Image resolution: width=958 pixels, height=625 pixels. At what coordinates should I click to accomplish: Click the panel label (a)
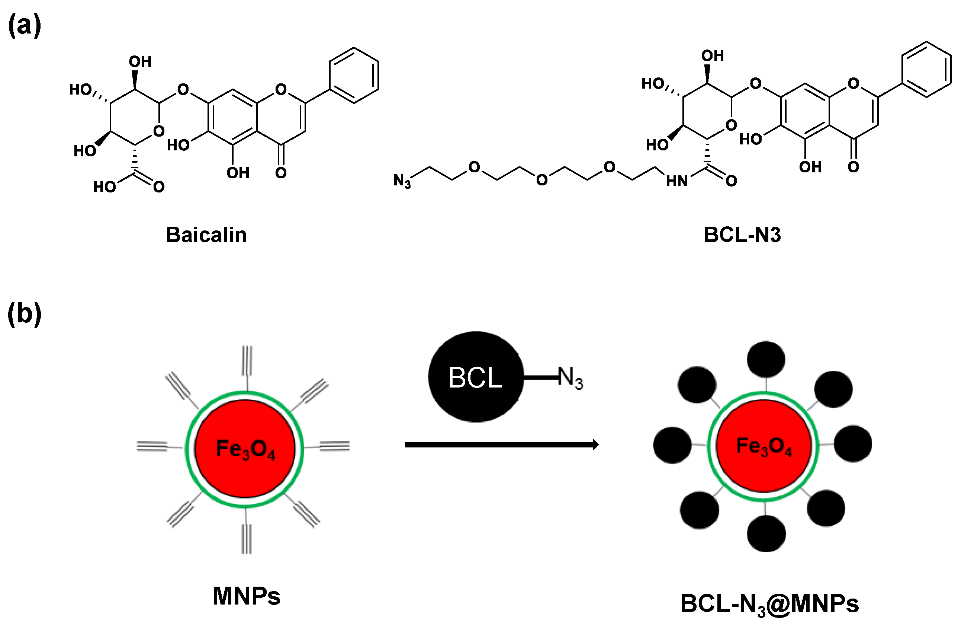(25, 25)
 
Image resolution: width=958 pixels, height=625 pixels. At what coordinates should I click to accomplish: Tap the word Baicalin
(206, 235)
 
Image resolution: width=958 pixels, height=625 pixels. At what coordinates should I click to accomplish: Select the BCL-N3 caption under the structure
(742, 235)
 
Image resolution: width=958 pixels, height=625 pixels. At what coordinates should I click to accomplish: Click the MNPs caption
(246, 596)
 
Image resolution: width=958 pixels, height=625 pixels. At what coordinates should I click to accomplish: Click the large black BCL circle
(476, 377)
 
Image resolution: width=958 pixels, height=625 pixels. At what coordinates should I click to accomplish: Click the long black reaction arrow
(501, 445)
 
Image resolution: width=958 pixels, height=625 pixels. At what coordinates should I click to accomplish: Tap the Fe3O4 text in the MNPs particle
(245, 450)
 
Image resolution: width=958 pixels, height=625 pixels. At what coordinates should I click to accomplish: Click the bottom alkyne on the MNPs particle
(246, 539)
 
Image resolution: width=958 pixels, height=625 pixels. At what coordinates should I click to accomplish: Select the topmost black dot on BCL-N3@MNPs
(766, 360)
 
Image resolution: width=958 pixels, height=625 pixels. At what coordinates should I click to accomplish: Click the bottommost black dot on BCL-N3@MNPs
(766, 533)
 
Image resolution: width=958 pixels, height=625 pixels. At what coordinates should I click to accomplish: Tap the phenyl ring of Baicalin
(354, 75)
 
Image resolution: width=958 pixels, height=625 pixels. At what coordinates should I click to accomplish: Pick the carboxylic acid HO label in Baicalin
(105, 187)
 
